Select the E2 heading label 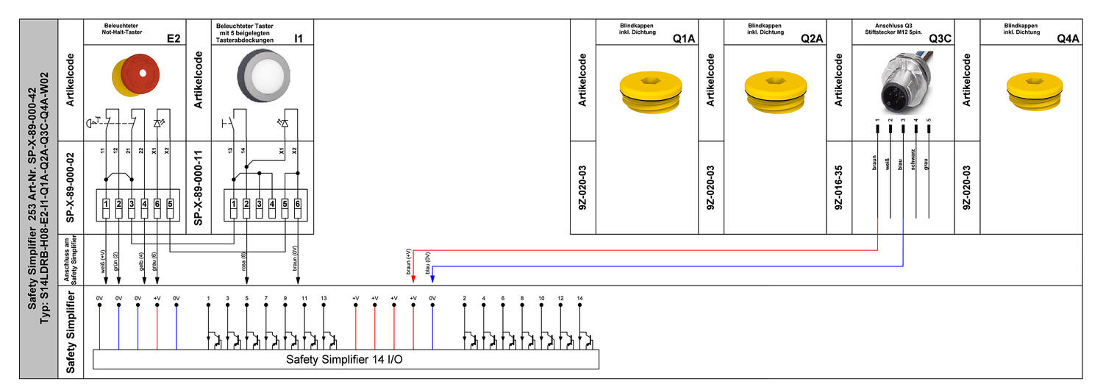(174, 38)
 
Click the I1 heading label (299, 38)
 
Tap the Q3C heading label (939, 38)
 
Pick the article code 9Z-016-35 (839, 187)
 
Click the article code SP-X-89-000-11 (198, 187)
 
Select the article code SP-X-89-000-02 (70, 187)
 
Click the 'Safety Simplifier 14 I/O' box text (345, 360)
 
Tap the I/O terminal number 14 (579, 298)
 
